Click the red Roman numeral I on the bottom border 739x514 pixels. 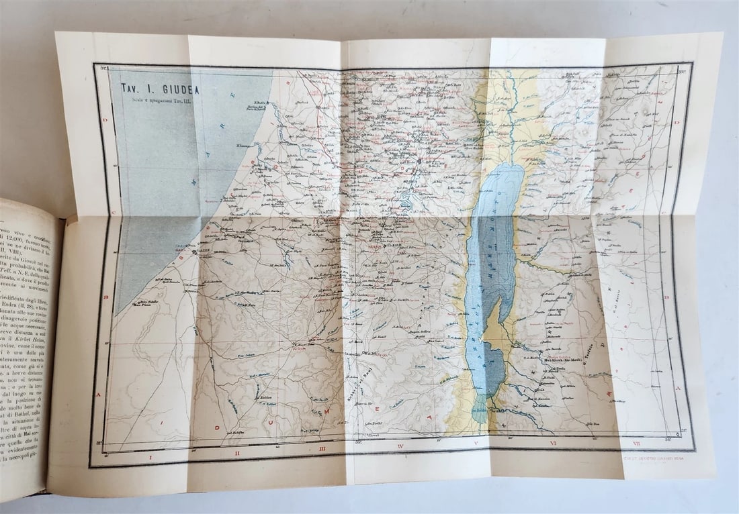click(x=149, y=458)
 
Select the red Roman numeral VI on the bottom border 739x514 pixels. click(x=553, y=444)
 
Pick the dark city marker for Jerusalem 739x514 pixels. click(x=419, y=162)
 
